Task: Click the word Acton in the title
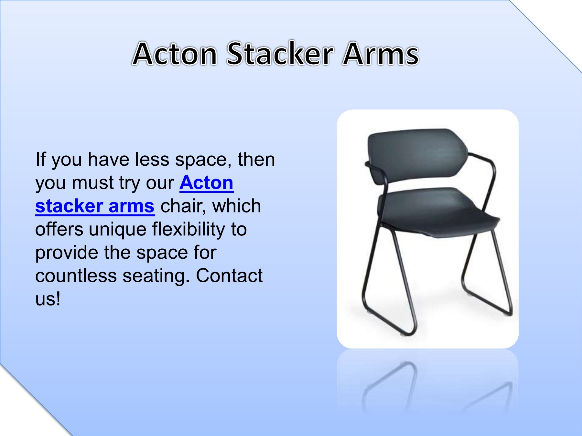[175, 54]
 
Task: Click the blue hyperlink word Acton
[206, 183]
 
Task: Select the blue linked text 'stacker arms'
[95, 206]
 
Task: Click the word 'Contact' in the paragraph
[229, 276]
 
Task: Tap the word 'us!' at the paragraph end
[48, 299]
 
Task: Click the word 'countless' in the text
[76, 276]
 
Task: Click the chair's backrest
[417, 155]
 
